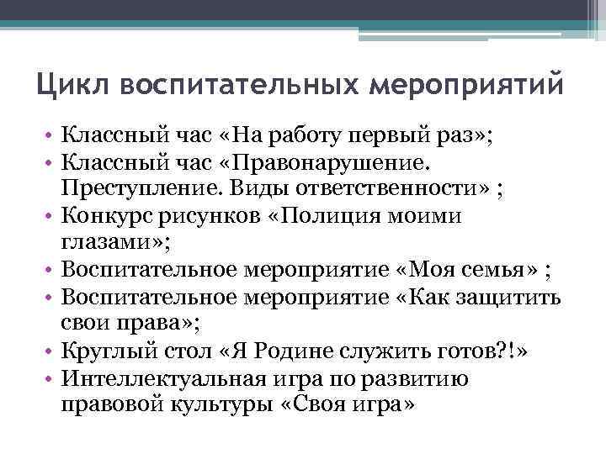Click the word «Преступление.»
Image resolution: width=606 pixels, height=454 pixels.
tap(123, 186)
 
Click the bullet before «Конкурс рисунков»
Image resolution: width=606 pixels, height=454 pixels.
tap(50, 217)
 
